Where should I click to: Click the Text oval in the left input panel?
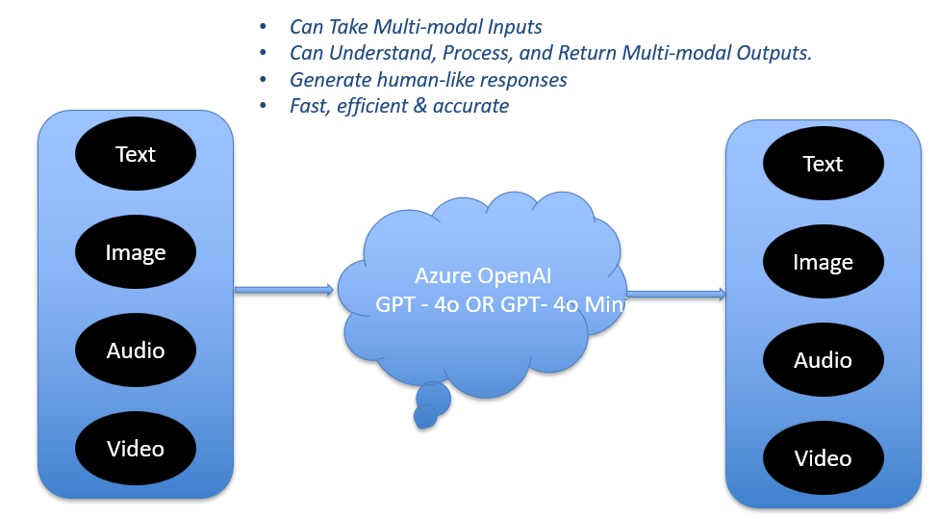click(136, 154)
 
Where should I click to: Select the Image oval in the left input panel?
click(136, 252)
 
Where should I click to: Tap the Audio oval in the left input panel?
click(136, 350)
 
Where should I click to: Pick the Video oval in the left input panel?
click(136, 449)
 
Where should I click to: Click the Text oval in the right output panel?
click(823, 164)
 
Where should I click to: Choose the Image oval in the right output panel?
click(823, 262)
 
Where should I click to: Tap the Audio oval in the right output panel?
click(823, 360)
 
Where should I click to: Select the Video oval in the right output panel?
click(823, 458)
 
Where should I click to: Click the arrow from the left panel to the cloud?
click(284, 290)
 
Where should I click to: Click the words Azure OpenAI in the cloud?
click(483, 276)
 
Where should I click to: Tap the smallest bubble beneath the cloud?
click(423, 417)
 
